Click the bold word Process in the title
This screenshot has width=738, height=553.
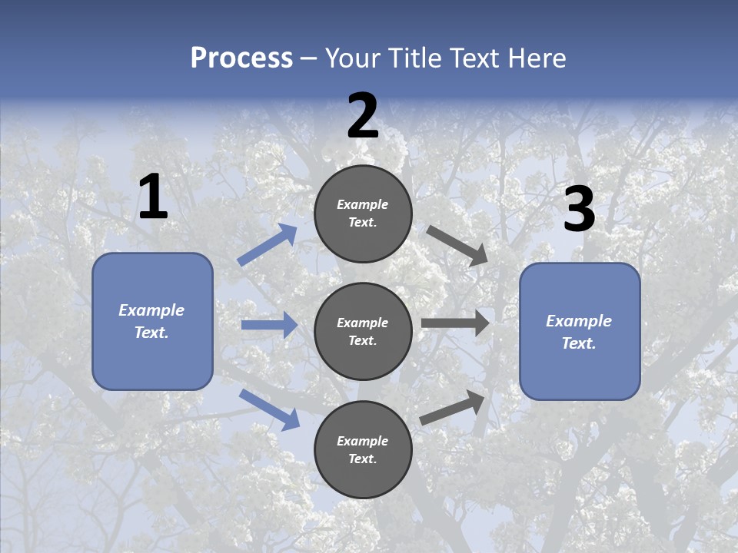[241, 58]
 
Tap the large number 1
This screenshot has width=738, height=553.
[153, 197]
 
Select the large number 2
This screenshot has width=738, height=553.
[363, 117]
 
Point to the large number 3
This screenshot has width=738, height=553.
[579, 210]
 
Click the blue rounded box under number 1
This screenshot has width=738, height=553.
[152, 321]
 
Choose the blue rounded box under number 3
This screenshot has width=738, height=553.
[580, 331]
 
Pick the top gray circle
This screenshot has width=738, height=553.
[363, 214]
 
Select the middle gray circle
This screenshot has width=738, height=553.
[363, 331]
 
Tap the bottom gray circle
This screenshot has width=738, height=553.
[363, 449]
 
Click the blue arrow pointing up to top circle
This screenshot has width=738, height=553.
[268, 245]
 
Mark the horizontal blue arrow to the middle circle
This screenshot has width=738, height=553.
[269, 325]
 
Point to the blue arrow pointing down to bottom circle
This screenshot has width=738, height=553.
[269, 409]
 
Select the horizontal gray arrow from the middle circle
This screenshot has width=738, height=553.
[455, 323]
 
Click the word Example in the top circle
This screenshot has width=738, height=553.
[363, 204]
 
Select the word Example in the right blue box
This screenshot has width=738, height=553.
[579, 321]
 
